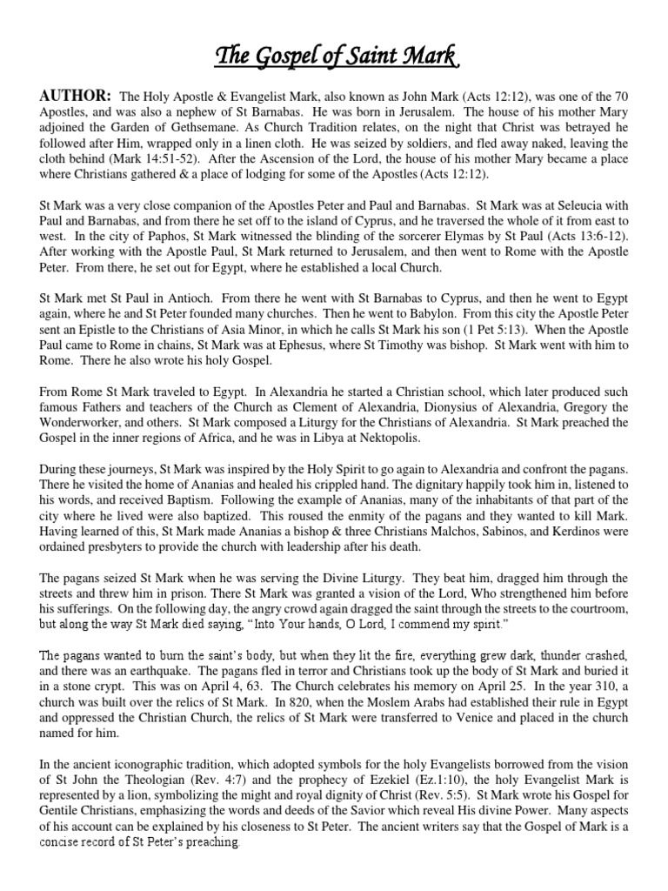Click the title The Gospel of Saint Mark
(x=334, y=59)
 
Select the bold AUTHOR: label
(x=73, y=94)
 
